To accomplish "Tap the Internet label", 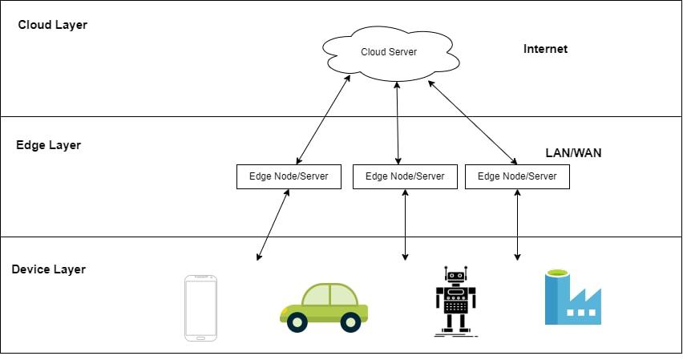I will (x=545, y=49).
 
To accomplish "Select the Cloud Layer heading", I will (x=52, y=25).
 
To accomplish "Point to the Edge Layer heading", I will (x=48, y=145).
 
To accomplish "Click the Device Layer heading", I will (x=48, y=269).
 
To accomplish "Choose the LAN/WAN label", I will (x=572, y=152).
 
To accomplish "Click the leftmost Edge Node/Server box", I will (x=289, y=176).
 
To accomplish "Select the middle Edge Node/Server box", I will (x=405, y=176).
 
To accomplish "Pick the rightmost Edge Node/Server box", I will (x=517, y=176).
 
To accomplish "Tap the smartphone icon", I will (x=200, y=308).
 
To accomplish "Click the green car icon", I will (x=324, y=306).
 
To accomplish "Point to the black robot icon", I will (x=455, y=300).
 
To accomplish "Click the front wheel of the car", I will (x=350, y=322).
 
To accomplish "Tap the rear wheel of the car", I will (x=297, y=322).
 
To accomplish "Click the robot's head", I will (x=455, y=277).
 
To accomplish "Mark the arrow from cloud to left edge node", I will (x=324, y=121).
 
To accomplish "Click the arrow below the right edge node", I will (x=517, y=224).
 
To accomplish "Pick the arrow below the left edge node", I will (x=273, y=224).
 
